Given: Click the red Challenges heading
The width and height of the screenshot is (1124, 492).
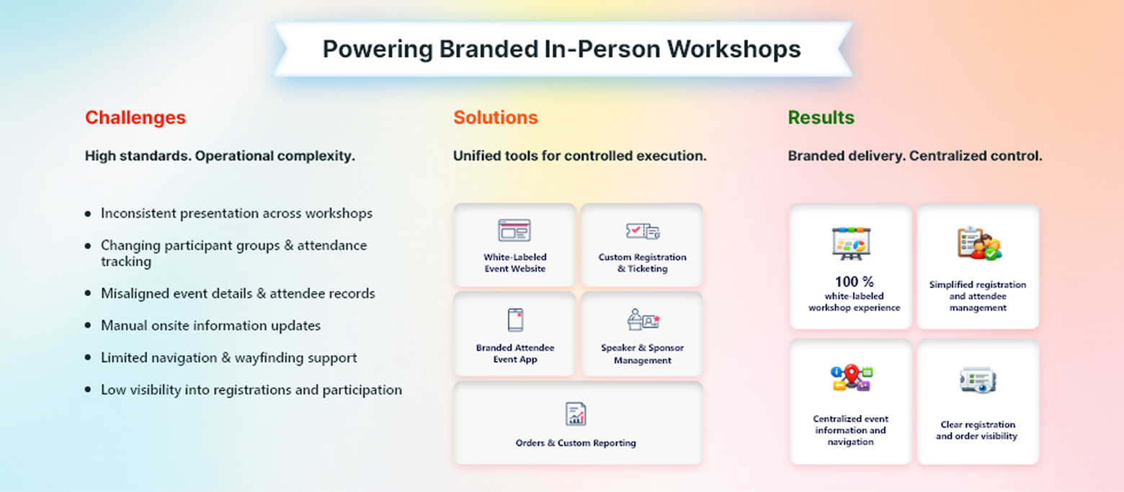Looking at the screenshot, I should (x=135, y=117).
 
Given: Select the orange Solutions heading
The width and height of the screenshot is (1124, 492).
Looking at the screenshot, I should (x=495, y=117).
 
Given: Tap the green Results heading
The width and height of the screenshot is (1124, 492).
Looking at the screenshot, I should (x=821, y=117).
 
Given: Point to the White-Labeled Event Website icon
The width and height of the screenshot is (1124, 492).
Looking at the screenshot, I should (x=514, y=231).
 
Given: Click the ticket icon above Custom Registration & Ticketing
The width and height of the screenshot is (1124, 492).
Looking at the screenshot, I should (x=642, y=231).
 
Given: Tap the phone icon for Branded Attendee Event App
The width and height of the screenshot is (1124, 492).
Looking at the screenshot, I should (x=515, y=321).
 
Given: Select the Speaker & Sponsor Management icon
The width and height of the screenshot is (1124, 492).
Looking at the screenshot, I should (x=643, y=321).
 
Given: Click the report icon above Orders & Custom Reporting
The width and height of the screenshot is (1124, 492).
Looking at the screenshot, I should (x=576, y=413).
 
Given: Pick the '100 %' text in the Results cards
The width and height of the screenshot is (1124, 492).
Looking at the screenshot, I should (x=854, y=282).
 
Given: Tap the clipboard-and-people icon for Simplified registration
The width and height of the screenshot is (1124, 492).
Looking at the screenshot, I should (x=978, y=244).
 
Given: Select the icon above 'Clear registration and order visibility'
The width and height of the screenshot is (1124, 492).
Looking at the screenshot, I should (x=978, y=380).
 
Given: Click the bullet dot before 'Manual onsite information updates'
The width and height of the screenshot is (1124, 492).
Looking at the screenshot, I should (x=88, y=326).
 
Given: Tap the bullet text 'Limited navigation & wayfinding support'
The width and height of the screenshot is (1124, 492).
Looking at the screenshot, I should (x=228, y=358).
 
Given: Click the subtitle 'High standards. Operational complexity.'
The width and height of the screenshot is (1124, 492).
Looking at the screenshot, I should (x=220, y=156).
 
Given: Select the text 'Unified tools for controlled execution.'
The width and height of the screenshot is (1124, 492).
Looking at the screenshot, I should (x=579, y=156).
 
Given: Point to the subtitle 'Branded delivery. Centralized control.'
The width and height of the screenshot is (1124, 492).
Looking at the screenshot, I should (x=914, y=156).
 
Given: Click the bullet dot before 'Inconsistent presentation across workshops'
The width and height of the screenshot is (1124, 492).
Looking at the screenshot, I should (x=88, y=214).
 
